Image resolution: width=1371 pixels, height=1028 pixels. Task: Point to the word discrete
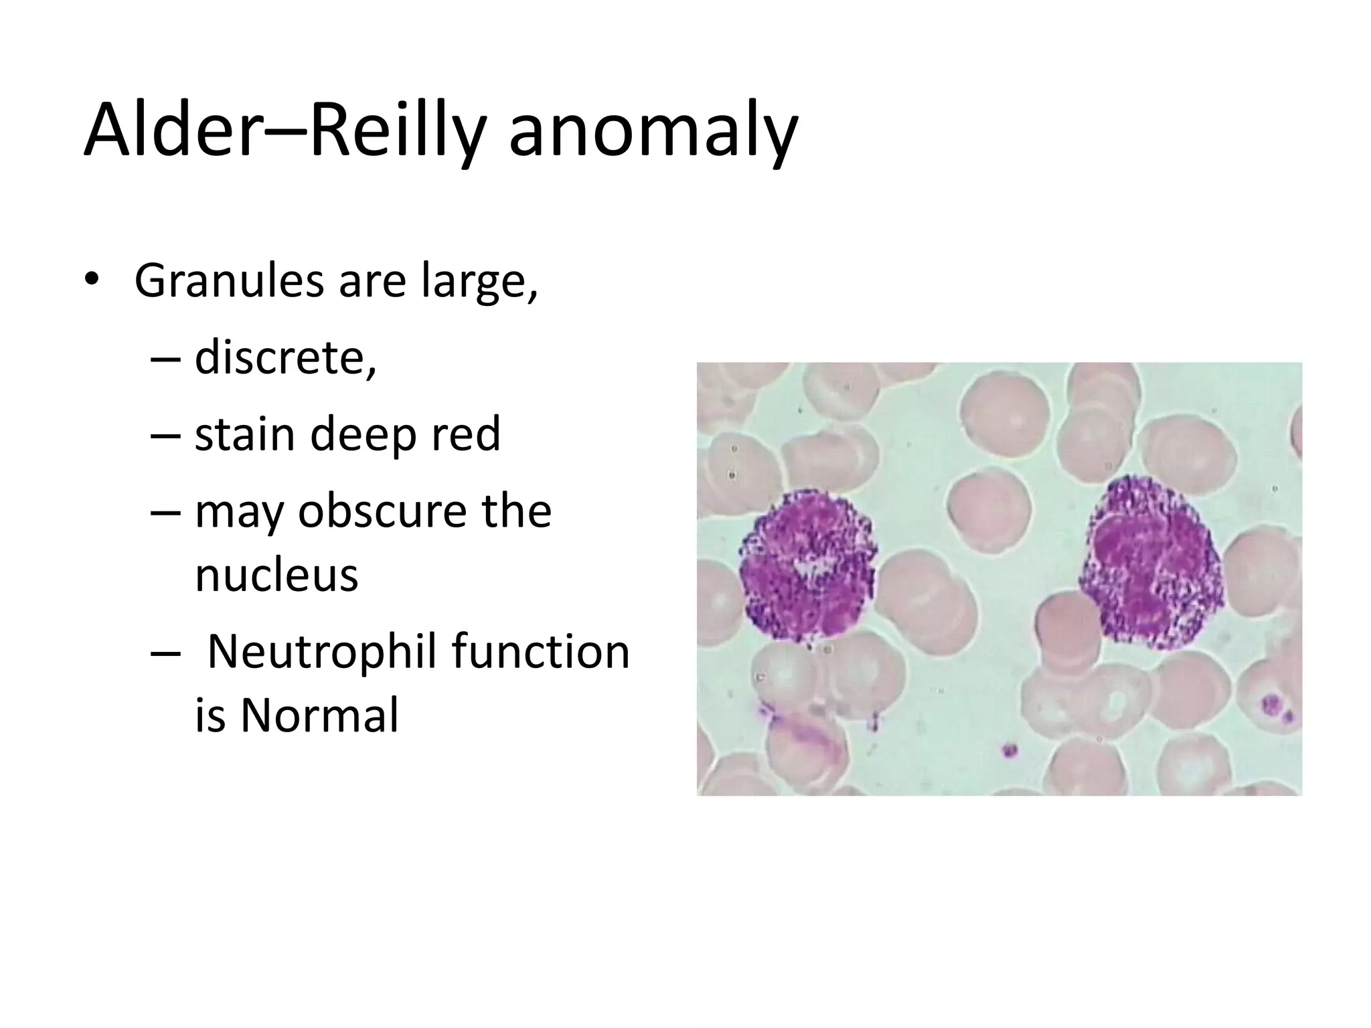pos(285,357)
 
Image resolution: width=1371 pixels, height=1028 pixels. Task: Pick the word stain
pos(244,433)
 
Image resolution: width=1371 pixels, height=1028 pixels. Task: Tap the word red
pos(465,433)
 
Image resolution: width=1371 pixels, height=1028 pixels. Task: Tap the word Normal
pos(319,715)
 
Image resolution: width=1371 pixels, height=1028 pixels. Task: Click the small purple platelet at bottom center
pos(1010,749)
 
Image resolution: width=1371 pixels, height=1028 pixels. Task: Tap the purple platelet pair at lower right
pos(1275,707)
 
